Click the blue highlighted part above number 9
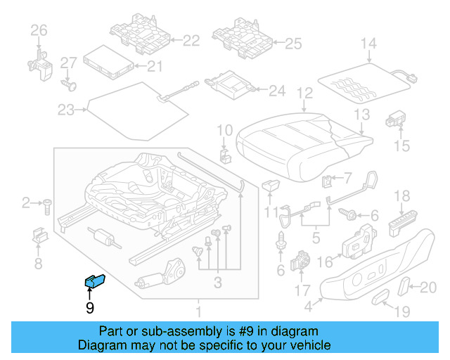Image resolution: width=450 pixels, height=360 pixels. coord(94,281)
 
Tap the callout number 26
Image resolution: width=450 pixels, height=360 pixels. coord(38,30)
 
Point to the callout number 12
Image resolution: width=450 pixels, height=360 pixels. coord(304,93)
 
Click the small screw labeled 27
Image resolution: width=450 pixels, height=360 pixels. coord(70,84)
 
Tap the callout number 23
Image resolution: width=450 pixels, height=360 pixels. coord(65,110)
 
